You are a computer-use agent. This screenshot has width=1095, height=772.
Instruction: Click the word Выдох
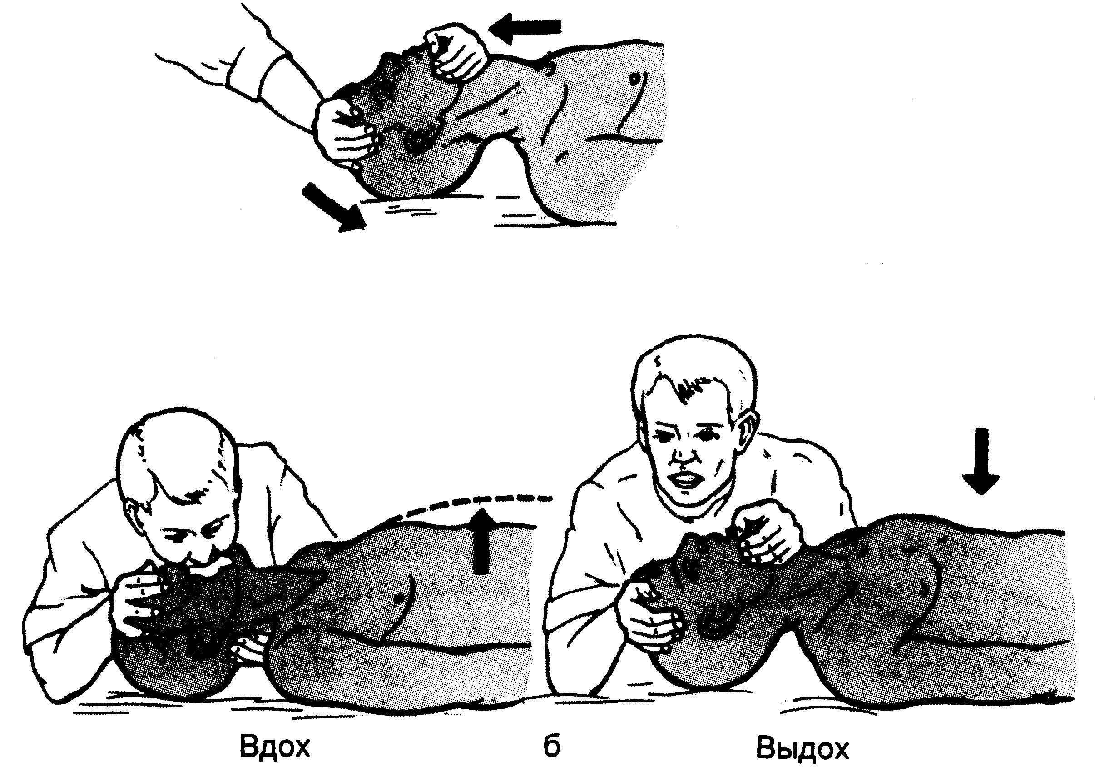click(x=803, y=747)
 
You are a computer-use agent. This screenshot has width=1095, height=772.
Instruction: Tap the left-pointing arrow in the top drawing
click(x=525, y=27)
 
